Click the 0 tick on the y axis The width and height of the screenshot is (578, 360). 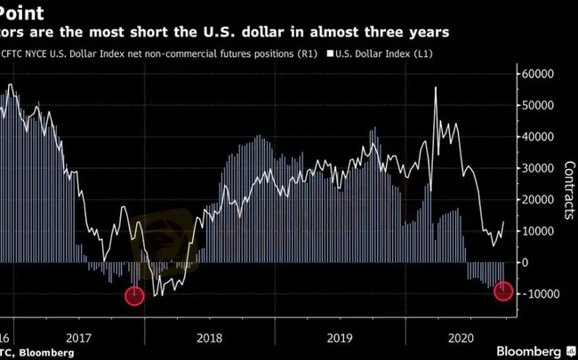(526, 262)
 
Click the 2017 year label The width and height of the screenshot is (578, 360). (79, 337)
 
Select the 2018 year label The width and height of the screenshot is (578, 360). (210, 337)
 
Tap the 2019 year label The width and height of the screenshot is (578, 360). (341, 337)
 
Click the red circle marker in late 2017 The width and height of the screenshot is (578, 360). (134, 296)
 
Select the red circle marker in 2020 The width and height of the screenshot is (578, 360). (503, 291)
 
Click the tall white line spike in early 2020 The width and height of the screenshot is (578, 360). (436, 88)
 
